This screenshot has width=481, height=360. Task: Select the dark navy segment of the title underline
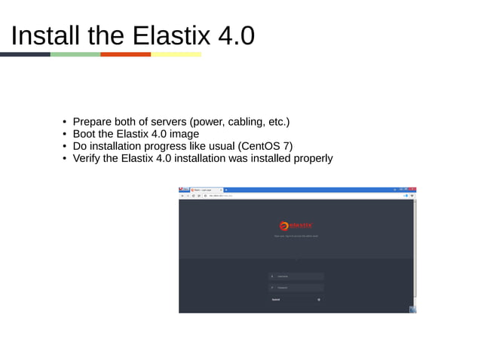[x=25, y=54]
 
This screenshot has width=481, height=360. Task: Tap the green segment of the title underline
[x=75, y=54]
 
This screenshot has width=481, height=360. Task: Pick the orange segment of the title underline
[x=126, y=54]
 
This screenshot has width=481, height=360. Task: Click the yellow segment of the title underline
[x=176, y=54]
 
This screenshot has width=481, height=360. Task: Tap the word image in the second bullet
[x=183, y=134]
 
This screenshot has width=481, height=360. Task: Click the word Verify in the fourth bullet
[x=89, y=158]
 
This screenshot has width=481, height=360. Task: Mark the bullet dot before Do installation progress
[x=65, y=146]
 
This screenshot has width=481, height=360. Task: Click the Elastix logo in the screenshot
[x=296, y=225]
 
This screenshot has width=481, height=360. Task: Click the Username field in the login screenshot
[x=296, y=276]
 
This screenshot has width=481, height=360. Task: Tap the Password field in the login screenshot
[x=296, y=288]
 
